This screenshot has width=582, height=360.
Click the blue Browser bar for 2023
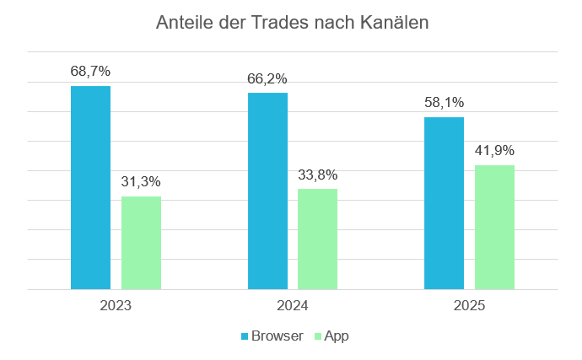[x=90, y=187]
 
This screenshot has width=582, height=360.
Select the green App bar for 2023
[x=141, y=243]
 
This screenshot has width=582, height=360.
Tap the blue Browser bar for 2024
[x=267, y=191]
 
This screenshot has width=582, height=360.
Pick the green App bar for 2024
[x=317, y=239]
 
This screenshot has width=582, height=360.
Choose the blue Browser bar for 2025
[x=444, y=202]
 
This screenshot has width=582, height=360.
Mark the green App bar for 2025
[x=494, y=227]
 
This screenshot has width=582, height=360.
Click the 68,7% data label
[x=90, y=72]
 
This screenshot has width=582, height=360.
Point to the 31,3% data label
[x=141, y=181]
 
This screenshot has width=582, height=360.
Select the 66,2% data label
[x=267, y=78]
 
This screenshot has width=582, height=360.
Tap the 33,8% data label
[x=317, y=175]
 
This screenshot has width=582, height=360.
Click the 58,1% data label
[x=444, y=102]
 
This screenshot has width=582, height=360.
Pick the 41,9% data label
[x=494, y=150]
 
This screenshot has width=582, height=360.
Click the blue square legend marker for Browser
[x=245, y=336]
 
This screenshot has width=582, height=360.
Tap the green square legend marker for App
[x=318, y=336]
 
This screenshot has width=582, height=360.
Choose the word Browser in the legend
[x=278, y=336]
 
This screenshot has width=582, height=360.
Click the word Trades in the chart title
[x=285, y=23]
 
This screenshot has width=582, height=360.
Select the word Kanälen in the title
[x=396, y=23]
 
